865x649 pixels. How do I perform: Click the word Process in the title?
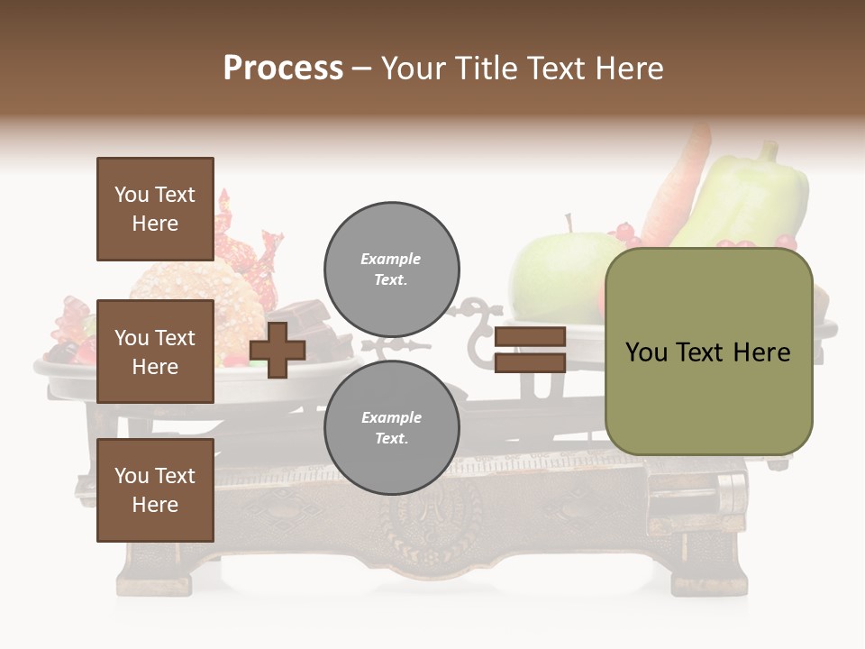tap(283, 69)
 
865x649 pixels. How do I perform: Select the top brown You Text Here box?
tap(155, 209)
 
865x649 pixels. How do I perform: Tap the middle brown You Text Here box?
tap(155, 352)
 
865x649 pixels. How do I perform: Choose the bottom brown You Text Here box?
tap(155, 490)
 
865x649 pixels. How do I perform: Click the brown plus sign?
tap(278, 350)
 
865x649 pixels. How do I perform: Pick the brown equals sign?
tap(530, 350)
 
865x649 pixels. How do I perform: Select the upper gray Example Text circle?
tap(392, 269)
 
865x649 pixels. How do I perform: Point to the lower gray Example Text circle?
tap(392, 427)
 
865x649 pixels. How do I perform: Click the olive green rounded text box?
tap(708, 352)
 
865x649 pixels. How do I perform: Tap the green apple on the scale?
tap(559, 270)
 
